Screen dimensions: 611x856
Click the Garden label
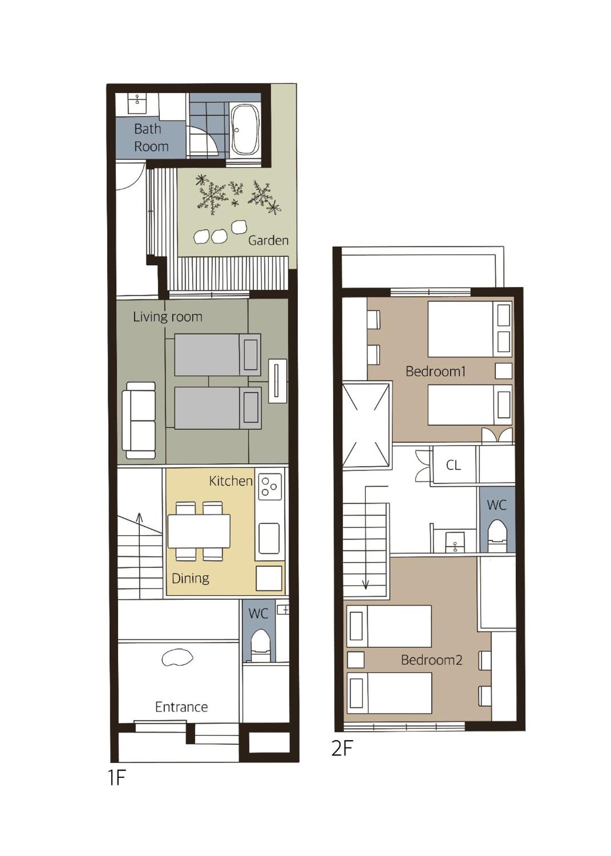pyautogui.click(x=268, y=240)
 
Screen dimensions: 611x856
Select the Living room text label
pyautogui.click(x=168, y=317)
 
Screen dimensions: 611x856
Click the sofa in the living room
pyautogui.click(x=139, y=420)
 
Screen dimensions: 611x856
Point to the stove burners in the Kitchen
pyautogui.click(x=269, y=486)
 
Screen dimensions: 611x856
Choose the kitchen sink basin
pyautogui.click(x=269, y=538)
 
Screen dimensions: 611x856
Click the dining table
pyautogui.click(x=199, y=531)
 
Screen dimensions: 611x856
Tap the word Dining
pyautogui.click(x=190, y=578)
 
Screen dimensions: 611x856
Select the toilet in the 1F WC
pyautogui.click(x=260, y=645)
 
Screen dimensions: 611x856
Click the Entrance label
pyautogui.click(x=181, y=707)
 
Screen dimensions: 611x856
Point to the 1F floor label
pyautogui.click(x=117, y=778)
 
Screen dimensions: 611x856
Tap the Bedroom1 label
pyautogui.click(x=435, y=371)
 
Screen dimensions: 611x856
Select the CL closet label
pyautogui.click(x=453, y=465)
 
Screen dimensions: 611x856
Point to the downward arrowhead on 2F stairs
pyautogui.click(x=366, y=585)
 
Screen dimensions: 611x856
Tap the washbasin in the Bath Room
pyautogui.click(x=137, y=104)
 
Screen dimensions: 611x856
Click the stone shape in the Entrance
pyautogui.click(x=177, y=657)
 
